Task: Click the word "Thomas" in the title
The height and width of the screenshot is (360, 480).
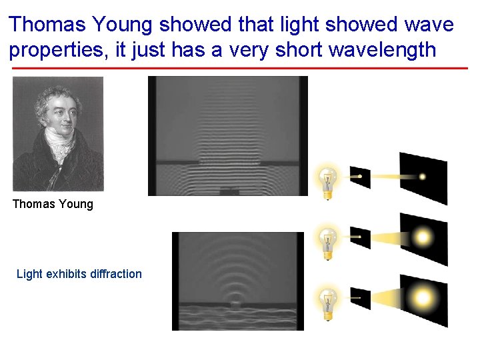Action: click(46, 25)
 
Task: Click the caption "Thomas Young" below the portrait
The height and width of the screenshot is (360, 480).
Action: click(53, 204)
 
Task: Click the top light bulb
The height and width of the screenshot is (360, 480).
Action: click(327, 179)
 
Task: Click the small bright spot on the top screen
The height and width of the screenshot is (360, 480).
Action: click(422, 177)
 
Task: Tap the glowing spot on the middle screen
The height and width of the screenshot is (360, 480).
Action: click(423, 237)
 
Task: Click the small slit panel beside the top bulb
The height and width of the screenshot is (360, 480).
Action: click(360, 177)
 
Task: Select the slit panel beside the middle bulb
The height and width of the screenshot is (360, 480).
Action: click(360, 237)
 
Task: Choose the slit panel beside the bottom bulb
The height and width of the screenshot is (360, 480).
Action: click(360, 298)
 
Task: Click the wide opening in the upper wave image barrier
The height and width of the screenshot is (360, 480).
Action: click(228, 162)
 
